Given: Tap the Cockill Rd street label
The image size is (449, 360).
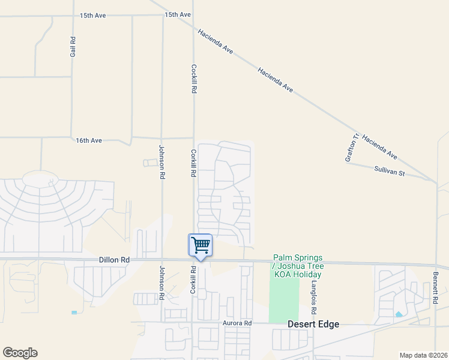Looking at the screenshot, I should pos(194,79).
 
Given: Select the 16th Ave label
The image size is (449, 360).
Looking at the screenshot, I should pos(89,140).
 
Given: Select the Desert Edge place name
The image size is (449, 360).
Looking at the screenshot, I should pos(313,324).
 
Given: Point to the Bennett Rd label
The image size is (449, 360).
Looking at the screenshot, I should pos(435,286).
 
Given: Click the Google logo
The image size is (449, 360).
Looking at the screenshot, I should pos(20,353).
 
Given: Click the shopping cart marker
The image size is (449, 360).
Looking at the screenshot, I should pos(200,245).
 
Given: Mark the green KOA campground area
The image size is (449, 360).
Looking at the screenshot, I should pos(284,300).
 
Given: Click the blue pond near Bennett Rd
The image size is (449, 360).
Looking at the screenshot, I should pos(399,314).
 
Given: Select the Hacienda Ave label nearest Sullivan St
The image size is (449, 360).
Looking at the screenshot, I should pos(379,146).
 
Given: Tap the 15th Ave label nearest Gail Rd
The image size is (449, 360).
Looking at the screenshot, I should pos(93,16).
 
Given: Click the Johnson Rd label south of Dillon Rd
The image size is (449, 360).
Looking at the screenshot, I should pos(162,283).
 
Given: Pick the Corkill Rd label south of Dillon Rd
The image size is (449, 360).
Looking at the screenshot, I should pos(193,280).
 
